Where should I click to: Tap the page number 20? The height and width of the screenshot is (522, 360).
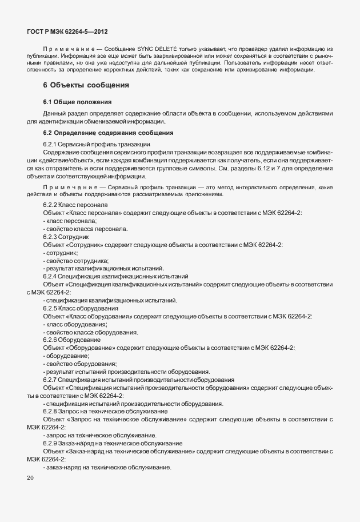(30, 477)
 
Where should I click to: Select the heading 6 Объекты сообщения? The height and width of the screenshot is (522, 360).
(86, 85)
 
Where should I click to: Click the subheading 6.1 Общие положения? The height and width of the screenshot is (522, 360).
(73, 101)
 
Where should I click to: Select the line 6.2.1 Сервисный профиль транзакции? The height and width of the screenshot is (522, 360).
(97, 144)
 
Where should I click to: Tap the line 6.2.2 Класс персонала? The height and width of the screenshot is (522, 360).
(75, 205)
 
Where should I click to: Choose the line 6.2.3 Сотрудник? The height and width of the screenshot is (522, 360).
(66, 236)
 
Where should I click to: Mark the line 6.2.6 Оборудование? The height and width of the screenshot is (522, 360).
(72, 340)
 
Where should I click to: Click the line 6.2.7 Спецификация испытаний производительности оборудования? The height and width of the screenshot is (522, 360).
(138, 380)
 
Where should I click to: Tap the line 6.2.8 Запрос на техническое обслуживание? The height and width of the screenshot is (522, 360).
(105, 412)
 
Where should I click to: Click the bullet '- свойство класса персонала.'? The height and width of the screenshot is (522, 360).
(85, 229)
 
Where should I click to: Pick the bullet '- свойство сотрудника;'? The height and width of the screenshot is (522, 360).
(76, 260)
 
